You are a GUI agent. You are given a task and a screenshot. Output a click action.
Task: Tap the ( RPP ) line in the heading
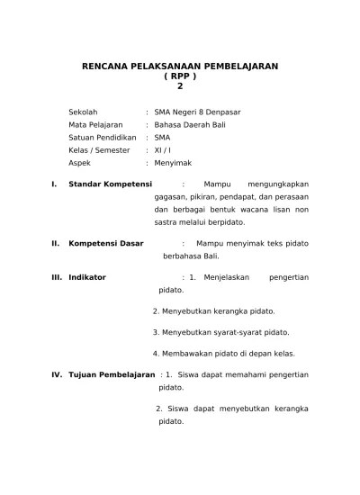[180, 76]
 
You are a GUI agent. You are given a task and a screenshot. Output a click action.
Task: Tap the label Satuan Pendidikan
[103, 138]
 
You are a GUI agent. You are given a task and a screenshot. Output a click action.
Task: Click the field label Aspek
[81, 164]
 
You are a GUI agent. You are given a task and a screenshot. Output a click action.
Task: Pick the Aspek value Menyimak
[175, 164]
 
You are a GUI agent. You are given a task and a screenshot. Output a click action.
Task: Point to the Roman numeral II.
[56, 243]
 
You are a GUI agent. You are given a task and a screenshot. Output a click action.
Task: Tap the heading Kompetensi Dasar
[106, 243]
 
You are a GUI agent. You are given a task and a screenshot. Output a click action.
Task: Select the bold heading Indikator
[87, 277]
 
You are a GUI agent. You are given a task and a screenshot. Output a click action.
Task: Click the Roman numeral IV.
[56, 373]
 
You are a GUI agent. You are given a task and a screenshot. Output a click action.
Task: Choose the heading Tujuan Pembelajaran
[112, 373]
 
